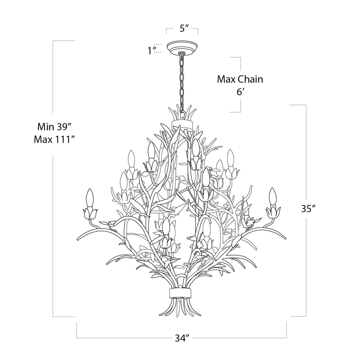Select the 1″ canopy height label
(152, 51)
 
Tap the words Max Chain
(240, 79)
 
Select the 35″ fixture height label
(308, 209)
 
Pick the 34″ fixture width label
(182, 338)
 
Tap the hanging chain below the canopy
(181, 80)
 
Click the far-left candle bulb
(89, 198)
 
